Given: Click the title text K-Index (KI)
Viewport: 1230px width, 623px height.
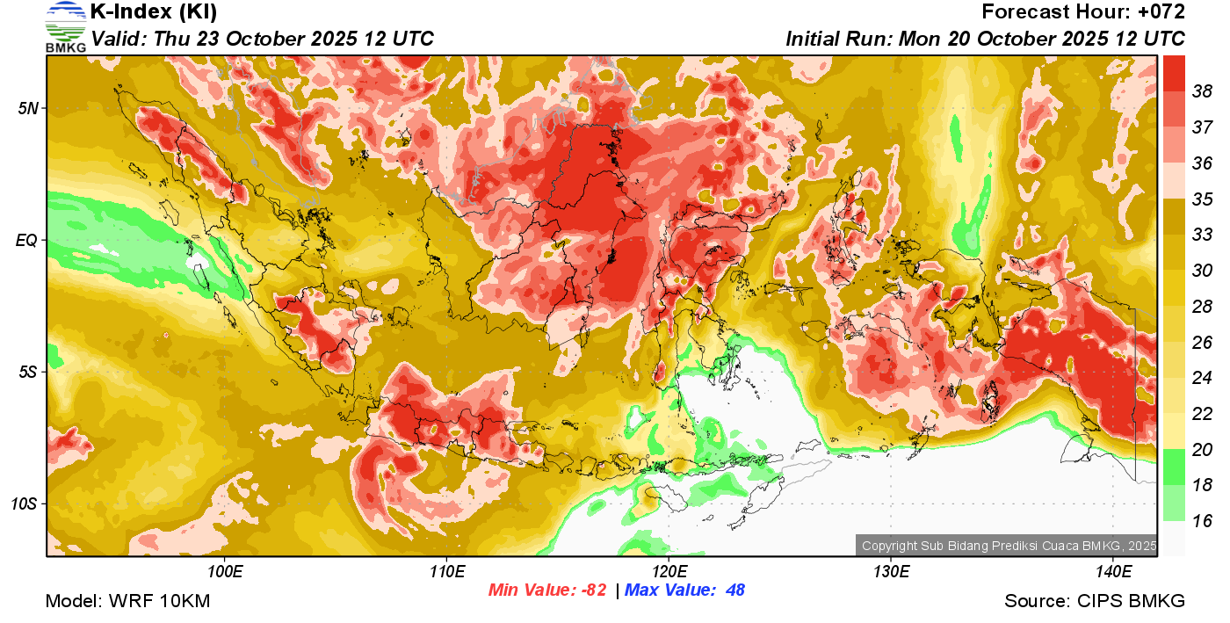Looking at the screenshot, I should point(155,12).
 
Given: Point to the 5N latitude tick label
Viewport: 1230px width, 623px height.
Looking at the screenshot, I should point(28,108).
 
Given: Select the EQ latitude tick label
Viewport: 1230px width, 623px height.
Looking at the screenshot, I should point(27,240).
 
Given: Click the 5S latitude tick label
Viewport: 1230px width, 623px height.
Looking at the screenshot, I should point(28,372).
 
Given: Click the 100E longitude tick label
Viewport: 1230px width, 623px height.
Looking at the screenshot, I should point(225,572).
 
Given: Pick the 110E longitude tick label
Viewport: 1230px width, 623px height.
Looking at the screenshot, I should point(446,572).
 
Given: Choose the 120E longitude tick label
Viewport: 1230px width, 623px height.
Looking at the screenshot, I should point(669,572).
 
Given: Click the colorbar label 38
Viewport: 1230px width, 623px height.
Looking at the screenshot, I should point(1202,91).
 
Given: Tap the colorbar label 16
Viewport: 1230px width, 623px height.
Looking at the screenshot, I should point(1202,520).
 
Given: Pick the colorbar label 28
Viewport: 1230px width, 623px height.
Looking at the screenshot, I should point(1202,306).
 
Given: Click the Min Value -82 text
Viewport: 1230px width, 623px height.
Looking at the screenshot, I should point(547,590).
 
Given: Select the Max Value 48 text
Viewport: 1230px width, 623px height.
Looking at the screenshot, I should point(684,590).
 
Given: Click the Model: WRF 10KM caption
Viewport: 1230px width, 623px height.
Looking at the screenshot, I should point(127,602).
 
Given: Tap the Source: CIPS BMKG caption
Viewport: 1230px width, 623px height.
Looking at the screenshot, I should point(1095,602).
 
